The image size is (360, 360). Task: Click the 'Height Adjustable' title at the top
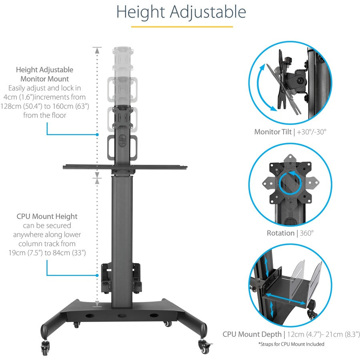(181, 12)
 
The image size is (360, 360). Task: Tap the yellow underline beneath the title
(182, 27)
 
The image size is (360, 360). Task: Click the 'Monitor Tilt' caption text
(273, 132)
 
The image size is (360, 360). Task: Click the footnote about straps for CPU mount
(291, 344)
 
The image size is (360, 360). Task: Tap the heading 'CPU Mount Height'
(47, 216)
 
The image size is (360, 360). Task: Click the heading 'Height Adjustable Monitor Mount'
(45, 74)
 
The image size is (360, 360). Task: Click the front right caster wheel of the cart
(205, 348)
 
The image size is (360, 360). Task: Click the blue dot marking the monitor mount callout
(97, 134)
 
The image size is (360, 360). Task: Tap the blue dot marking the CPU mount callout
(97, 275)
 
